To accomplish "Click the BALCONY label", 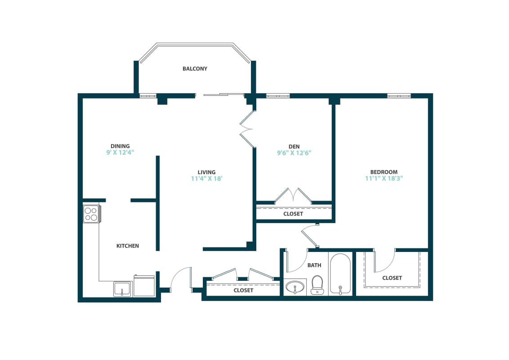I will pyautogui.click(x=195, y=69).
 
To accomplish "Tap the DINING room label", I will pyautogui.click(x=120, y=146).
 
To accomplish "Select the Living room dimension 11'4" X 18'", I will pyautogui.click(x=207, y=179).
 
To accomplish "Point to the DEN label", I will pyautogui.click(x=294, y=146).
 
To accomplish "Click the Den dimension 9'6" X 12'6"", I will pyautogui.click(x=294, y=153).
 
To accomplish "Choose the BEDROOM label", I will pyautogui.click(x=384, y=172).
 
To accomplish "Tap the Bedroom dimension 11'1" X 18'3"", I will pyautogui.click(x=384, y=179).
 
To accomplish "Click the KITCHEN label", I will pyautogui.click(x=128, y=246).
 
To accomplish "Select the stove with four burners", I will pyautogui.click(x=91, y=214).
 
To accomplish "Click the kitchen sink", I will pyautogui.click(x=122, y=289).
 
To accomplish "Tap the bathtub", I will pyautogui.click(x=340, y=274).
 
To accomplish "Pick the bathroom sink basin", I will pyautogui.click(x=295, y=287).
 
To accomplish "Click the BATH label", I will pyautogui.click(x=314, y=265).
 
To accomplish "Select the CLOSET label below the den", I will pyautogui.click(x=293, y=214).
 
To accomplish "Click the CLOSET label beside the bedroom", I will pyautogui.click(x=392, y=278).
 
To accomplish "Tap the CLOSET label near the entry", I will pyautogui.click(x=243, y=291).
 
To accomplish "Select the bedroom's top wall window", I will pyautogui.click(x=399, y=95).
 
